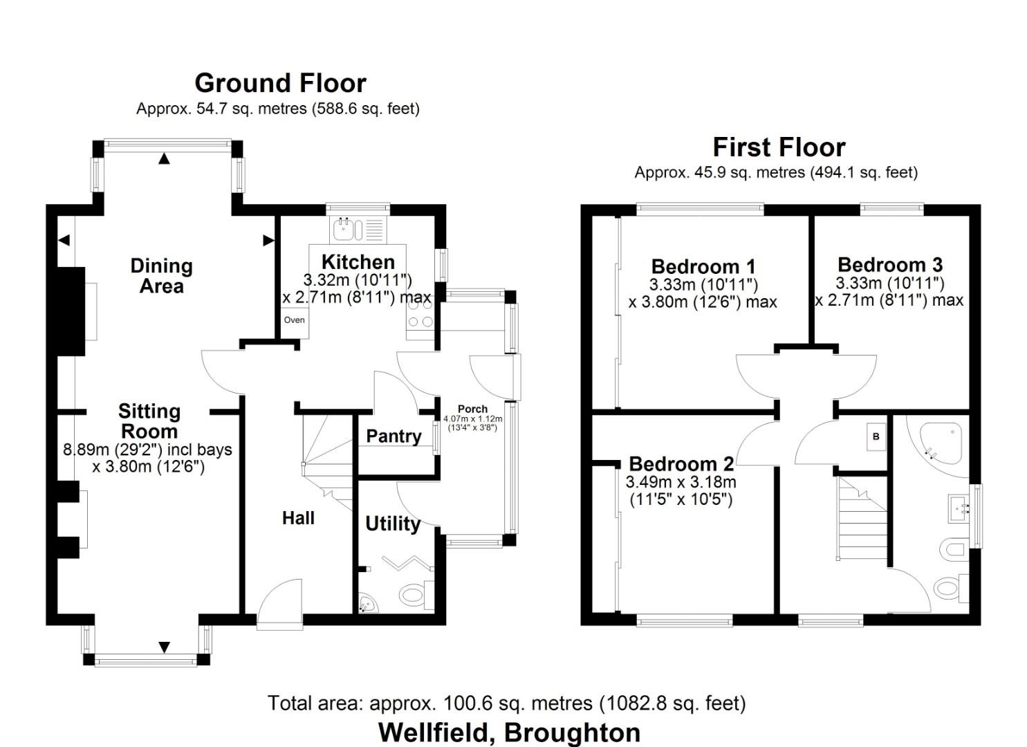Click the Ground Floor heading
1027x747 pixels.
(x=280, y=83)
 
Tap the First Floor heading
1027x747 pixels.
(x=779, y=147)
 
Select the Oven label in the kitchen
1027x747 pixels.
(x=294, y=320)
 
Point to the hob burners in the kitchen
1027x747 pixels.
(x=420, y=322)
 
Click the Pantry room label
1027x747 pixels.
(x=393, y=436)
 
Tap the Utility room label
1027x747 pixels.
(x=392, y=524)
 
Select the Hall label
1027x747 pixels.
(x=298, y=518)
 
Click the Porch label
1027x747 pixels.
(x=472, y=409)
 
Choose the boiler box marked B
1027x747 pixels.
(x=876, y=436)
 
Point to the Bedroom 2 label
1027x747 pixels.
(x=681, y=463)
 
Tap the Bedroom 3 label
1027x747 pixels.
(x=890, y=265)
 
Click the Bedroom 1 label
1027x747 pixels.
(x=703, y=266)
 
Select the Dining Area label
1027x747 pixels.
(x=161, y=275)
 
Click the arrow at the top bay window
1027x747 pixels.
(x=164, y=159)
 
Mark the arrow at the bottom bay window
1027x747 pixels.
(x=164, y=647)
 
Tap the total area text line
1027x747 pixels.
(x=506, y=703)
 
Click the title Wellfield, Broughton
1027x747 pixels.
(x=509, y=732)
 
